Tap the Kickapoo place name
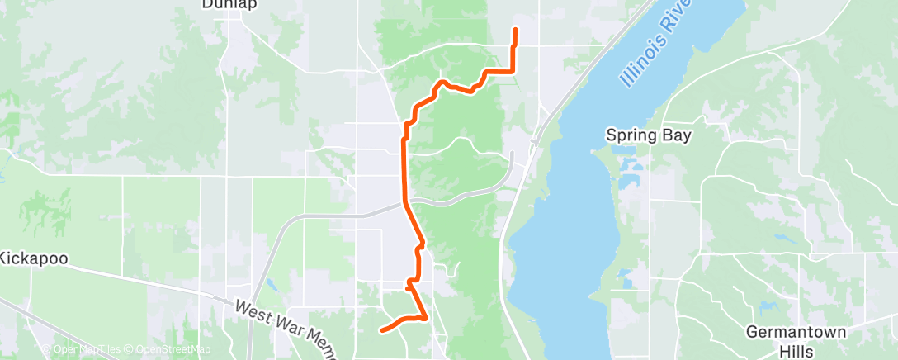(x=32, y=258)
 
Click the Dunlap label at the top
(x=229, y=4)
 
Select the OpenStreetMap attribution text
(x=163, y=349)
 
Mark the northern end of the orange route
(x=516, y=31)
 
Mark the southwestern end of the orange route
(x=381, y=330)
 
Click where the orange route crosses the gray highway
(x=405, y=202)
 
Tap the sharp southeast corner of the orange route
(x=425, y=318)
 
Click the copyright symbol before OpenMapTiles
(x=47, y=349)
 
